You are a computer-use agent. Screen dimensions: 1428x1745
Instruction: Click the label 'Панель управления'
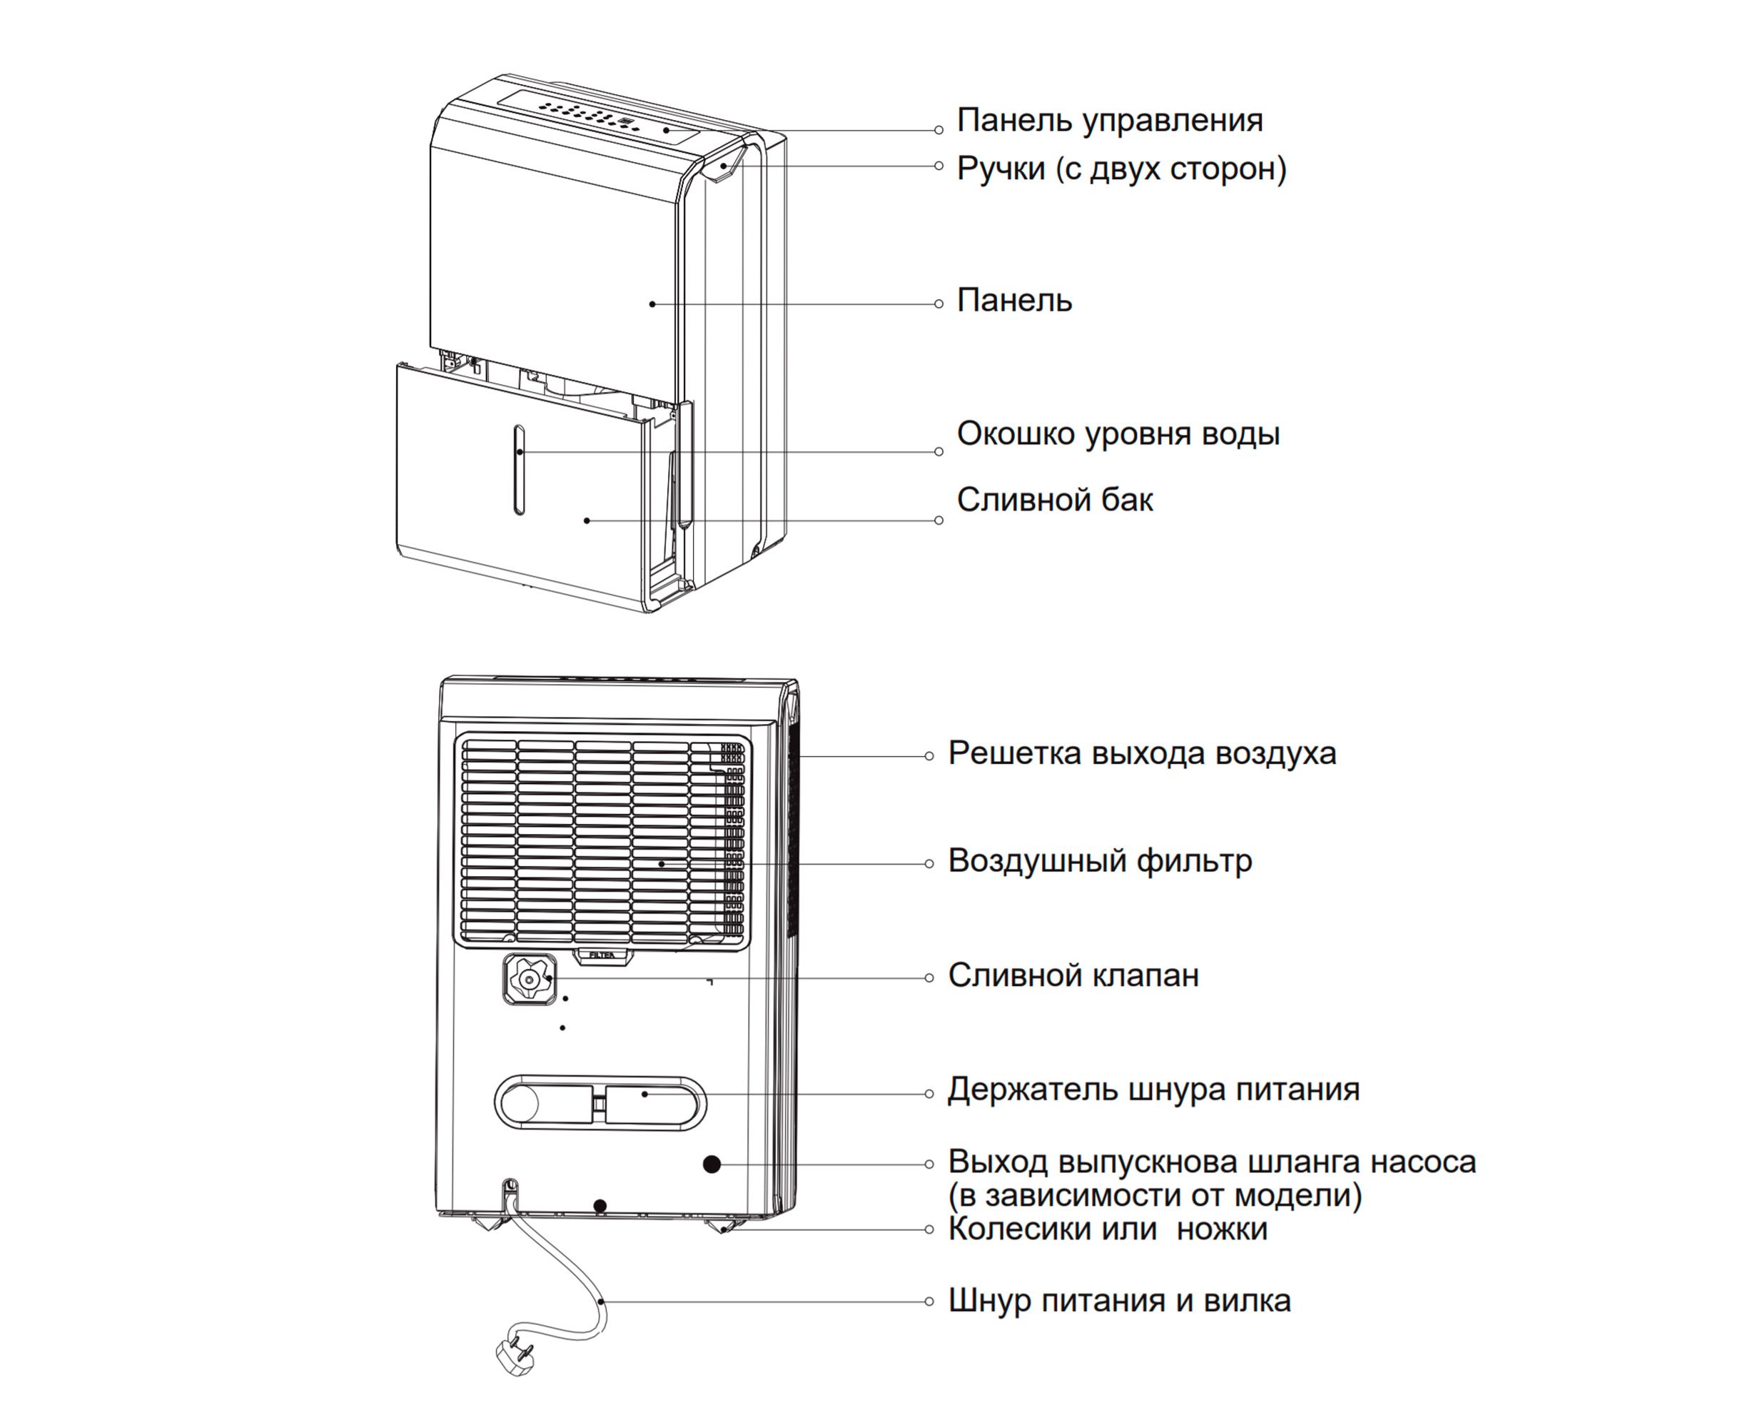[x=1109, y=120]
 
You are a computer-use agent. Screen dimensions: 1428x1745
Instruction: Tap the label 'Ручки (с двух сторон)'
[x=1121, y=169]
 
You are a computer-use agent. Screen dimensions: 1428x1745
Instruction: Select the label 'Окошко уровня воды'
[x=1118, y=433]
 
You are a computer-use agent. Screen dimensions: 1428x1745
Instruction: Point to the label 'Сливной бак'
[x=1054, y=499]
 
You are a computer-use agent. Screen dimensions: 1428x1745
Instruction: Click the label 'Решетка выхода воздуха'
[x=1141, y=753]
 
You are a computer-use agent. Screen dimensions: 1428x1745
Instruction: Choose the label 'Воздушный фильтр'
[x=1100, y=860]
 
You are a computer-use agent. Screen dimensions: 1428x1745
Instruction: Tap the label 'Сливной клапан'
[x=1073, y=975]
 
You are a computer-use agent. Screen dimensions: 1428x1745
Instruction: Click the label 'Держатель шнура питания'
[x=1153, y=1089]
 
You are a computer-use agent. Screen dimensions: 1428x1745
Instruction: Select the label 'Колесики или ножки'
[x=1107, y=1229]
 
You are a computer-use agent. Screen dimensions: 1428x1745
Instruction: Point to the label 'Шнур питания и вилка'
[x=1119, y=1300]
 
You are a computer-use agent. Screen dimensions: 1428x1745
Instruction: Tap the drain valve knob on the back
[x=529, y=979]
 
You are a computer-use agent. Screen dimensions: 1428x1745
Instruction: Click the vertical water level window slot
[x=519, y=470]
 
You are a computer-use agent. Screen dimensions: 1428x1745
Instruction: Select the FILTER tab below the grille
[x=601, y=956]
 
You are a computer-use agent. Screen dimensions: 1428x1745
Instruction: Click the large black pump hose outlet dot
[x=712, y=1164]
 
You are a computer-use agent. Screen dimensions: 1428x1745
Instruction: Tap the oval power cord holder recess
[x=600, y=1102]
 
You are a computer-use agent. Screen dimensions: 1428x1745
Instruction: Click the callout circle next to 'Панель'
[x=939, y=304]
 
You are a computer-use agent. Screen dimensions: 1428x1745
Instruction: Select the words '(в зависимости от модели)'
[x=1155, y=1195]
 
